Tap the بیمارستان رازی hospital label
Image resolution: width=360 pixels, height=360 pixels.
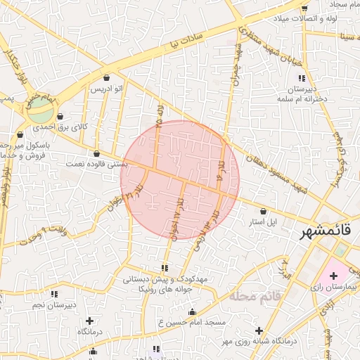point(334,287)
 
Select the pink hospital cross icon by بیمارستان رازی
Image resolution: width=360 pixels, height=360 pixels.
point(333,275)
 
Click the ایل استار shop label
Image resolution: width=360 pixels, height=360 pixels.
point(264,221)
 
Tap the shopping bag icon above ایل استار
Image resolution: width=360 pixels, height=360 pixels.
point(264,211)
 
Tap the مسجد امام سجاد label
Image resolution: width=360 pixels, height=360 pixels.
point(336,4)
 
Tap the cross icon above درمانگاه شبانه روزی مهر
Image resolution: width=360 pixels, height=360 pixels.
point(259,330)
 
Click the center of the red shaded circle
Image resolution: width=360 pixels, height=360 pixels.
point(180,180)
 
